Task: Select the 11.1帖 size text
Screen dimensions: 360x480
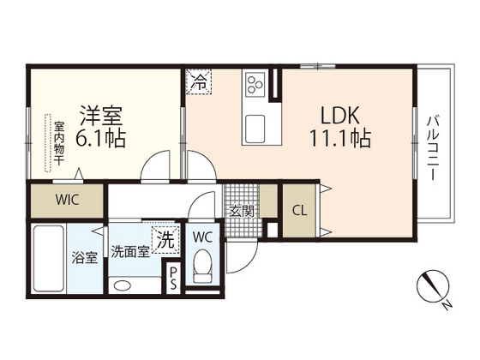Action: pyautogui.click(x=340, y=138)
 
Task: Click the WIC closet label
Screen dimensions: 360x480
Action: pyautogui.click(x=68, y=202)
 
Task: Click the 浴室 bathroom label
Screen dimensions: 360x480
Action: pyautogui.click(x=83, y=258)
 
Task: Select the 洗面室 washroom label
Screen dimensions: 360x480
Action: pyautogui.click(x=130, y=252)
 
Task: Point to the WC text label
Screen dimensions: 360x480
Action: pyautogui.click(x=203, y=236)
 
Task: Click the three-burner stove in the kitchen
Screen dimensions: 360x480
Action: pyautogui.click(x=256, y=84)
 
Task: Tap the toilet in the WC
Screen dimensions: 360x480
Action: pyautogui.click(x=203, y=267)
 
